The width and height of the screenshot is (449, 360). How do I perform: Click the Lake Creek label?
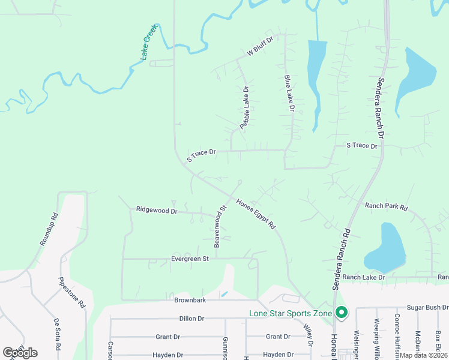tap(148, 42)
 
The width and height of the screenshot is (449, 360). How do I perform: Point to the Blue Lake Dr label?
tap(289, 93)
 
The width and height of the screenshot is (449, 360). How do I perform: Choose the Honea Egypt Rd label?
tap(256, 214)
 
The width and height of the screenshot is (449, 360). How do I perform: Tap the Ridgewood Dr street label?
tap(157, 211)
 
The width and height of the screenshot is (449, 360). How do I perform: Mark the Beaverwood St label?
tap(220, 226)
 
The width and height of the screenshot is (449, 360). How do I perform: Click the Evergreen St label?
tap(189, 259)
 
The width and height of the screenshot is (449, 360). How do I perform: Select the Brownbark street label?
tap(190, 299)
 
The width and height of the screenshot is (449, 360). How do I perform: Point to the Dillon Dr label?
tap(192, 319)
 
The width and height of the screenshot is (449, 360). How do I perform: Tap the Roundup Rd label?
tap(49, 229)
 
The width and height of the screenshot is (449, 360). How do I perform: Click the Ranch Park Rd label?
tap(387, 206)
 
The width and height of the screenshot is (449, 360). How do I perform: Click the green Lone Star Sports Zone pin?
tap(342, 313)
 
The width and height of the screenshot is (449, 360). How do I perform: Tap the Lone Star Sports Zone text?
tap(291, 313)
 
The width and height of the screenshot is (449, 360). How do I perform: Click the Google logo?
tap(20, 353)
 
